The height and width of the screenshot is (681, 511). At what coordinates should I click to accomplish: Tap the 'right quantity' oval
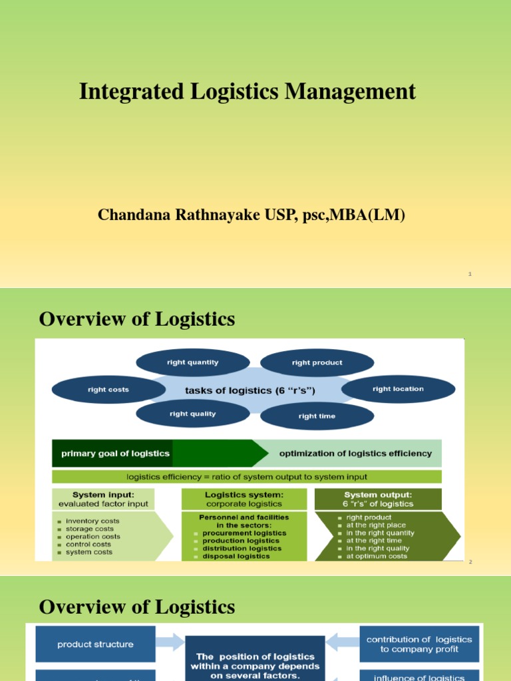[x=193, y=363]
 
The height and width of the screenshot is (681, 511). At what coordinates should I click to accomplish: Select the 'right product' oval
[x=317, y=363]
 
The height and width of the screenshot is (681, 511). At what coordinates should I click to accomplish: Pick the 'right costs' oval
[x=108, y=390]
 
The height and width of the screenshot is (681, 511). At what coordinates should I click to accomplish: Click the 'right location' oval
[x=398, y=389]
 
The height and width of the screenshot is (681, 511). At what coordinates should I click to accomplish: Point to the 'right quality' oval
[x=193, y=414]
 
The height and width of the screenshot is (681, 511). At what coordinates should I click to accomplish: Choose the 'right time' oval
[x=317, y=416]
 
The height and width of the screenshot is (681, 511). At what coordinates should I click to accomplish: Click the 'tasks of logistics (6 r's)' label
[x=250, y=390]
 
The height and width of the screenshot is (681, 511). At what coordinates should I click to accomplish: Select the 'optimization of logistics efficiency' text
[x=355, y=454]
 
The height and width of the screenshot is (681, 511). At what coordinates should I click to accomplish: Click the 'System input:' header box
[x=103, y=499]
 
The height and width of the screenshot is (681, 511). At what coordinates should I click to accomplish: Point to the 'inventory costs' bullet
[x=92, y=521]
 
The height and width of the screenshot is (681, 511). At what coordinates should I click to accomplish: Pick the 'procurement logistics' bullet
[x=244, y=533]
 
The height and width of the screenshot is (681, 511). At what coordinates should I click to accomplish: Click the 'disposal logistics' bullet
[x=236, y=557]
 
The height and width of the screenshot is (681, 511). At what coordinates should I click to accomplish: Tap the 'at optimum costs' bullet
[x=376, y=557]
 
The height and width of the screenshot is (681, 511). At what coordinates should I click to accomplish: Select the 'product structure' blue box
[x=95, y=644]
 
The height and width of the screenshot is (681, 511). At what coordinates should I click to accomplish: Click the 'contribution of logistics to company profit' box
[x=419, y=644]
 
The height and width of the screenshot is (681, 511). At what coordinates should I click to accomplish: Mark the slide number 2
[x=470, y=563]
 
